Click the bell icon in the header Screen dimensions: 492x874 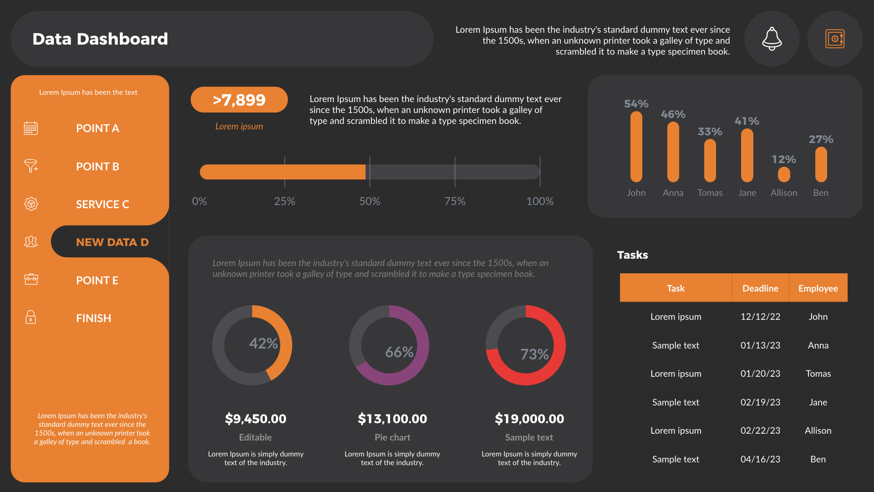[x=772, y=39]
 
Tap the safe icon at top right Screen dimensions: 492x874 [x=834, y=39]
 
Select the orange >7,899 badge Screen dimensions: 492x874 [x=239, y=100]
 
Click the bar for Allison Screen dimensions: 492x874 [x=784, y=174]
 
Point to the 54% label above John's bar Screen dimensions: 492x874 [x=636, y=104]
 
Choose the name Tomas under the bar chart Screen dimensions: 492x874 [x=710, y=193]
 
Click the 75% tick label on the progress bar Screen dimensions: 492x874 [x=455, y=201]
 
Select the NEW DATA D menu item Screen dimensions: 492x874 [x=112, y=242]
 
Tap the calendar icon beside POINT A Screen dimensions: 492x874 [x=31, y=128]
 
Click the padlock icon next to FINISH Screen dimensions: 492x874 [x=30, y=317]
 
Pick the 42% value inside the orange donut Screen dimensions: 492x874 [x=264, y=343]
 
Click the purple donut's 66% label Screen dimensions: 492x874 [x=399, y=352]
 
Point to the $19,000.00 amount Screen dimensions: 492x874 [x=529, y=419]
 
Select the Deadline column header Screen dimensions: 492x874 [x=760, y=288]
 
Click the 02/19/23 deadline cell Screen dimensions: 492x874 [x=760, y=402]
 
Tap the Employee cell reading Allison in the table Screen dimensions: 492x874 [x=818, y=430]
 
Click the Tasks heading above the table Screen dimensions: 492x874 [x=632, y=255]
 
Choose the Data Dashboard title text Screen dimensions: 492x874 [x=100, y=39]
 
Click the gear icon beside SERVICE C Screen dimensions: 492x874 [x=31, y=204]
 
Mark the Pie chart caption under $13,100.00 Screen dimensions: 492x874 [x=392, y=437]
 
